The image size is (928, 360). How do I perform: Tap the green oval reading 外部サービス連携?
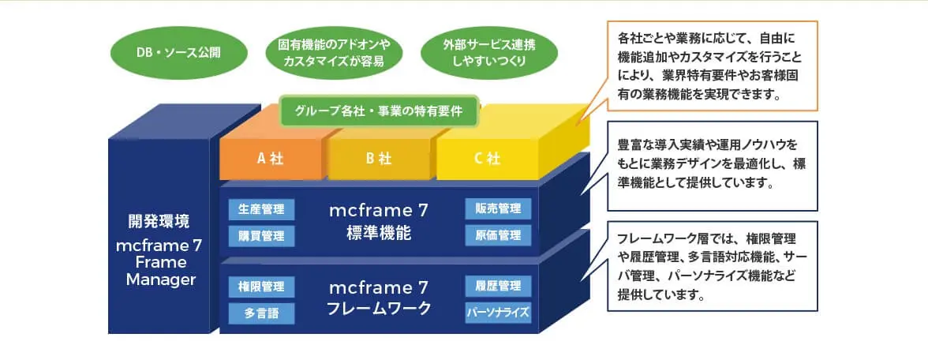coord(490,53)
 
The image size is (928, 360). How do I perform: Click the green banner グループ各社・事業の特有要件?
coord(379,111)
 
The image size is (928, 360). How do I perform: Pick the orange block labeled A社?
coord(270,158)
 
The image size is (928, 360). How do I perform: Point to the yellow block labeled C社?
coord(487,158)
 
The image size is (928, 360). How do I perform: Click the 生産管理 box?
coord(262,209)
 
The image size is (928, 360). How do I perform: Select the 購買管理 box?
coord(262,235)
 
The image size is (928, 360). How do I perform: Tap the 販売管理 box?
coord(498,209)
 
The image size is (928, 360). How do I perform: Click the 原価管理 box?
coord(498,235)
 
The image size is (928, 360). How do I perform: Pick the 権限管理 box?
coord(262,286)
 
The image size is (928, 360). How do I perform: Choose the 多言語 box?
coord(262,313)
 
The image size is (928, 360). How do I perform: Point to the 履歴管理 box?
coord(498,286)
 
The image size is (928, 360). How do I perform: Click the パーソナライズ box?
coord(498,311)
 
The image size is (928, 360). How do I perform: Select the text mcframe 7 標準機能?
coord(379,222)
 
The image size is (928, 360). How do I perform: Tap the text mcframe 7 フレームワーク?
coord(379,298)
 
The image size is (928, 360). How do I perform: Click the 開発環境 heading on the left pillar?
coord(159,221)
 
